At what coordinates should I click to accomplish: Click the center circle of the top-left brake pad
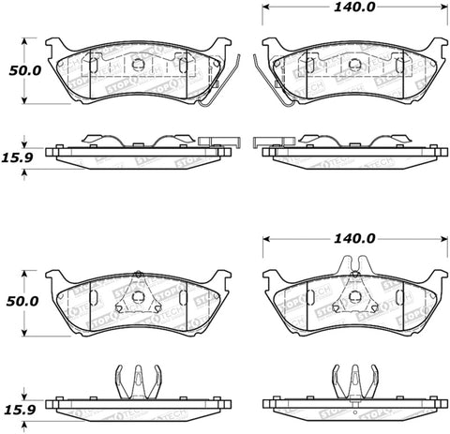(138, 66)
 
